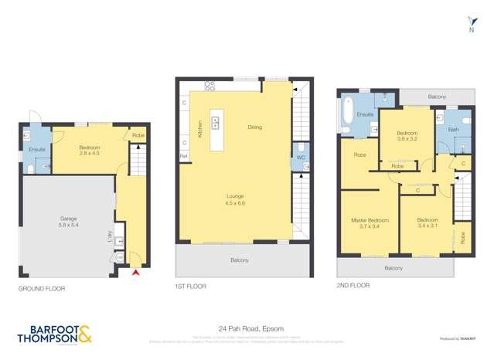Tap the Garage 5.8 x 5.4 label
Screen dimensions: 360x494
pos(69,222)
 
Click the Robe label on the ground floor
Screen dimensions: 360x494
pos(138,136)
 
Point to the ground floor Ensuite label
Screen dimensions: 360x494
pos(37,149)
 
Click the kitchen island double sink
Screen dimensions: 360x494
pos(215,121)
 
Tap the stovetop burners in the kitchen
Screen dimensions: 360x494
pos(209,84)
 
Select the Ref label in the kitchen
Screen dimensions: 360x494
pos(183,156)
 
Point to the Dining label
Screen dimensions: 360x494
pos(254,127)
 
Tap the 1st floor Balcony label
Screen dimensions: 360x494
pos(240,260)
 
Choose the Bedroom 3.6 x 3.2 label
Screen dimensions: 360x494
pos(407,136)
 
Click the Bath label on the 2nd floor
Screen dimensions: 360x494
pos(454,130)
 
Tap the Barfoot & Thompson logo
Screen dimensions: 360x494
pos(55,334)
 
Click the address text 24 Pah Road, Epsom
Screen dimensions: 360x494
pos(246,328)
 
